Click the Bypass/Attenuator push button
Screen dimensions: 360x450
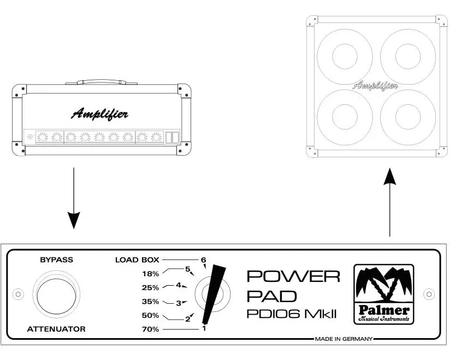click(x=56, y=294)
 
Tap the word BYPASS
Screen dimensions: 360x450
click(x=56, y=260)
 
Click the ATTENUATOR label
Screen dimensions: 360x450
click(x=56, y=329)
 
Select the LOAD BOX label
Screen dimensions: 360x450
click(x=137, y=260)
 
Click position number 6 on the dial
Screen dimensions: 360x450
click(x=204, y=259)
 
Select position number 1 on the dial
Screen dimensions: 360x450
click(x=204, y=328)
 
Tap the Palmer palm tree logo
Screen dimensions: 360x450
click(x=383, y=294)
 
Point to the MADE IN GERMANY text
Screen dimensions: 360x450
click(x=344, y=339)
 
